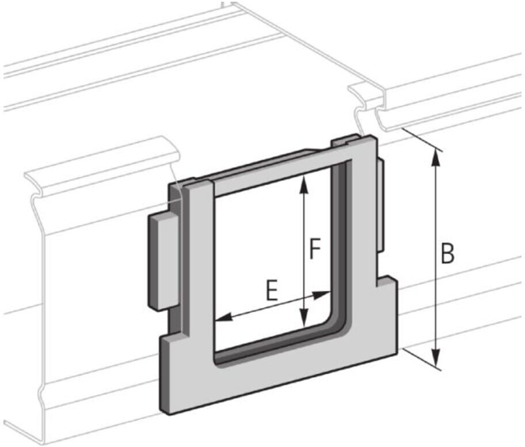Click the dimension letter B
click(447, 253)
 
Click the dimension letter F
click(315, 249)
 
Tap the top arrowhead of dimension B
click(436, 157)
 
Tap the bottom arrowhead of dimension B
click(435, 358)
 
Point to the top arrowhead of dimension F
click(303, 185)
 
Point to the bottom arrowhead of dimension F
click(303, 317)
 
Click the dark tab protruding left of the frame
click(163, 262)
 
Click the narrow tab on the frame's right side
click(381, 205)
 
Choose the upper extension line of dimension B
click(422, 139)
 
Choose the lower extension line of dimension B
click(422, 359)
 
